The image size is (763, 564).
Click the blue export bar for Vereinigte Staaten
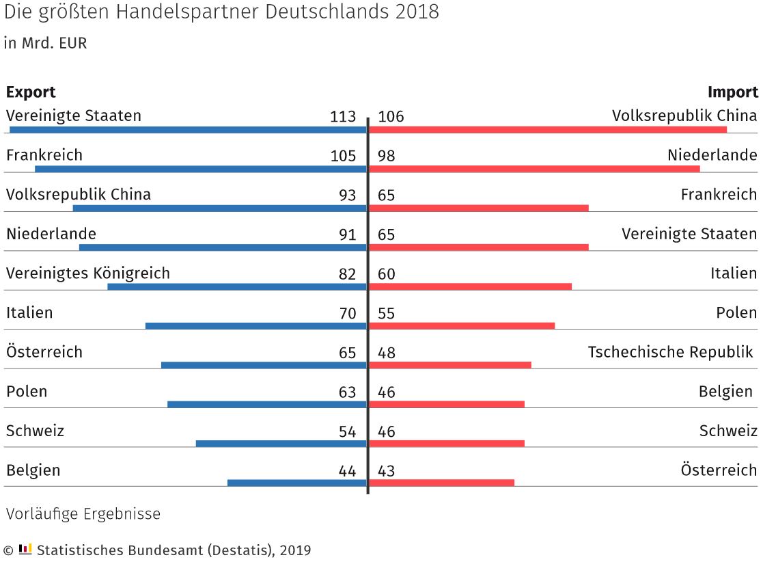click(188, 129)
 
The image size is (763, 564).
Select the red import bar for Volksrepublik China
click(547, 129)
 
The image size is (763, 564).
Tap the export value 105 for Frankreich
click(343, 156)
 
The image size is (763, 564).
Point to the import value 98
click(386, 156)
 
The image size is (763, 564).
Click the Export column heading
click(31, 92)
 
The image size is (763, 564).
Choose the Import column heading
click(732, 92)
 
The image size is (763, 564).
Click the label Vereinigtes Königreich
click(87, 273)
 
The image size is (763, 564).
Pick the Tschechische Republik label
click(670, 352)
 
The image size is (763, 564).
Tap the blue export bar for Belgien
click(297, 483)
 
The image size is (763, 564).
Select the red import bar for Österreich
click(441, 483)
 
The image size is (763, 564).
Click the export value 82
click(347, 274)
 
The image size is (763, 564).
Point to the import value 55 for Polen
click(386, 314)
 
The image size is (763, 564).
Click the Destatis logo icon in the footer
click(25, 548)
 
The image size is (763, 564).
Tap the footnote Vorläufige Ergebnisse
click(83, 513)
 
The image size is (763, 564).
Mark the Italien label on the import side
click(733, 273)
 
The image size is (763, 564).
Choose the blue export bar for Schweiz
click(281, 444)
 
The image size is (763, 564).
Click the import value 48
click(386, 353)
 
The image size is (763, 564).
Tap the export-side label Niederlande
click(51, 234)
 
